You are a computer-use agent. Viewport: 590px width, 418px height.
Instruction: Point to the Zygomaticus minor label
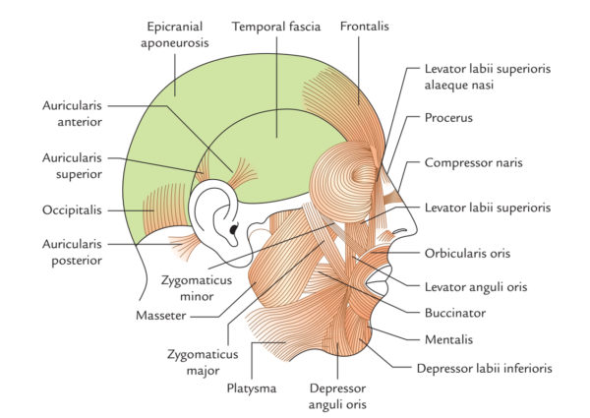tap(194, 286)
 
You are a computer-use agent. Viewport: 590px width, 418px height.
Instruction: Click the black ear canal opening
tap(233, 232)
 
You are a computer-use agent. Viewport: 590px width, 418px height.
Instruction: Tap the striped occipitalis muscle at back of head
tap(152, 209)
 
